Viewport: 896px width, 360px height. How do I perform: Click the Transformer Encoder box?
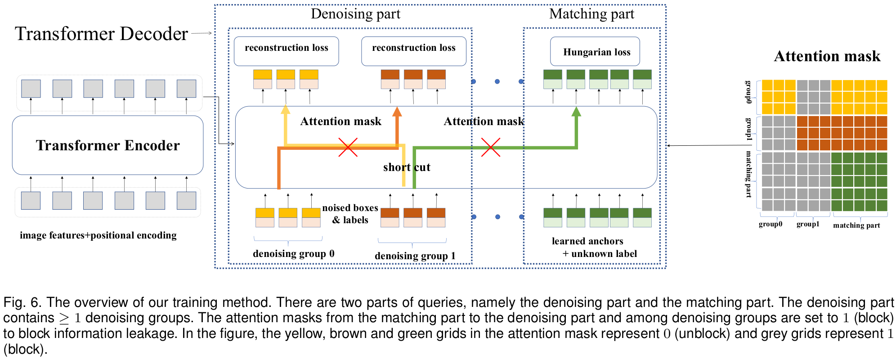pyautogui.click(x=108, y=145)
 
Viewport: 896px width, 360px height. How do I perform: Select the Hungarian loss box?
pyautogui.click(x=595, y=52)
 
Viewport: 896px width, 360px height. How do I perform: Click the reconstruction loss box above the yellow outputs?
pyautogui.click(x=286, y=51)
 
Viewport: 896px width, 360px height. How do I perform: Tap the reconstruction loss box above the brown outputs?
pyautogui.click(x=413, y=51)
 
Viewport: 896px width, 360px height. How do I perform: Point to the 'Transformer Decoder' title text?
pyautogui.click(x=101, y=34)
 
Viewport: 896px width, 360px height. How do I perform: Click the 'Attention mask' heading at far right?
pyautogui.click(x=827, y=56)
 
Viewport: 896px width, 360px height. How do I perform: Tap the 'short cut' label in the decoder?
pyautogui.click(x=407, y=167)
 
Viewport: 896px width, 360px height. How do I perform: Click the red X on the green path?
pyautogui.click(x=490, y=147)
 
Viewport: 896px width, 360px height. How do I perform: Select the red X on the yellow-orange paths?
pyautogui.click(x=348, y=147)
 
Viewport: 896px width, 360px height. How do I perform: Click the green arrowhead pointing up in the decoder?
pyautogui.click(x=576, y=111)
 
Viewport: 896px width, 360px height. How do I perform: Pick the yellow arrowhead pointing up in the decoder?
pyautogui.click(x=285, y=109)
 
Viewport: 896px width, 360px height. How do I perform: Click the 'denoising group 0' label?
pyautogui.click(x=293, y=254)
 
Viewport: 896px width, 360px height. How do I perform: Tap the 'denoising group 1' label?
pyautogui.click(x=415, y=256)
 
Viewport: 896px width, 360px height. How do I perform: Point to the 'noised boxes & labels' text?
pyautogui.click(x=350, y=214)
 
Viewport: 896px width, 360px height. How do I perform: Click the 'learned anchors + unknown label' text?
pyautogui.click(x=594, y=247)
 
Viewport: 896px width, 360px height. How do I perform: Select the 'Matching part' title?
pyautogui.click(x=591, y=14)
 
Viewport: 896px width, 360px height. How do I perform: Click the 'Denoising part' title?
pyautogui.click(x=355, y=14)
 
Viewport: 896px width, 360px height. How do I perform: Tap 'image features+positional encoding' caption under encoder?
pyautogui.click(x=98, y=235)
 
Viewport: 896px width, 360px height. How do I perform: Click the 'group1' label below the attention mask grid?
pyautogui.click(x=807, y=224)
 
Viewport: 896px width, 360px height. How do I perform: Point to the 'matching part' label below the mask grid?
pyautogui.click(x=856, y=225)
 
